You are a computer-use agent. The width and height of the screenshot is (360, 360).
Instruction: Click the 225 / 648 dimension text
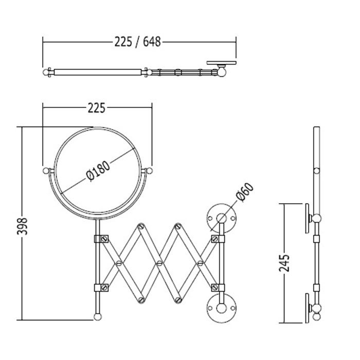tap(137, 42)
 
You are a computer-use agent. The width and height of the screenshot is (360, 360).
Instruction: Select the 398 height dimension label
tap(22, 226)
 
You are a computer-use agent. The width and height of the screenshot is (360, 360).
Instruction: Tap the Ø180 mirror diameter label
tap(98, 171)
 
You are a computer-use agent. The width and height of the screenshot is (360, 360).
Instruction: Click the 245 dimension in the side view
tap(284, 263)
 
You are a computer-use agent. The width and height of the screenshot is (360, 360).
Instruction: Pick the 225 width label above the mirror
tap(97, 108)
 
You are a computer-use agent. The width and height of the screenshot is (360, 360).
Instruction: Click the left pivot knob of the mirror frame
tap(46, 171)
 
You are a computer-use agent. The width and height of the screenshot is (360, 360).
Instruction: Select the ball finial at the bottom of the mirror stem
tap(98, 317)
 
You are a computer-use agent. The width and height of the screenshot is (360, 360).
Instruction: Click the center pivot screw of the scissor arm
tap(159, 263)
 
